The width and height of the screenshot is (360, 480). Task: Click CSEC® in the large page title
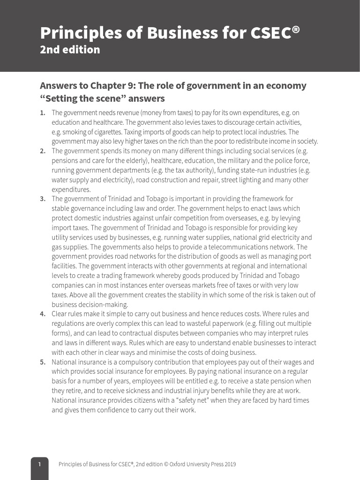[272, 33]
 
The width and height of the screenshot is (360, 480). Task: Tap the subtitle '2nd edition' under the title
[70, 50]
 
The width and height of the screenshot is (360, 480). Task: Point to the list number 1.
[43, 113]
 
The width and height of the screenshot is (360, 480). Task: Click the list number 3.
[43, 199]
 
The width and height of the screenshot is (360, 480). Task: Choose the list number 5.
[43, 362]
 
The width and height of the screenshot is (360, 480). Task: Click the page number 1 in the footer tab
[40, 465]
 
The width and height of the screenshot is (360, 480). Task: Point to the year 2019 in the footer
[230, 465]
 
